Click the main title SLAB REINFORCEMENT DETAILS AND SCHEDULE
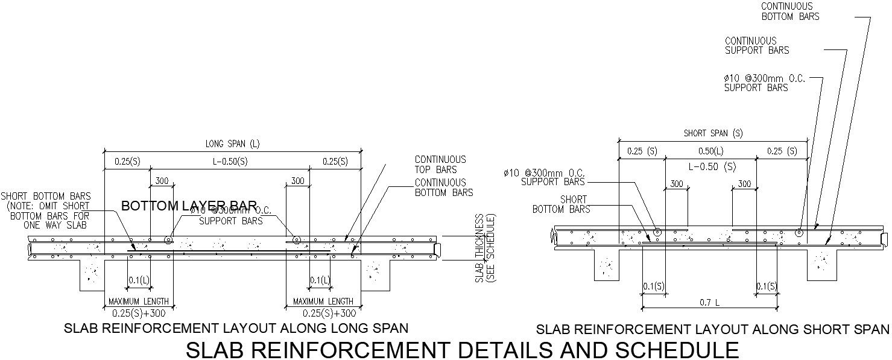(x=462, y=350)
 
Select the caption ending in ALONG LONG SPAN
(x=236, y=328)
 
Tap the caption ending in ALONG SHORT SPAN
(x=712, y=329)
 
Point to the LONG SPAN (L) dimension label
(x=233, y=144)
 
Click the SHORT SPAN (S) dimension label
(x=713, y=133)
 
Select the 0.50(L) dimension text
(x=710, y=151)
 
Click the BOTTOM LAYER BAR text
(x=189, y=206)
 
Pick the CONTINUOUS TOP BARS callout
(x=440, y=165)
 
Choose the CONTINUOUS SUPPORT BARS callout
(x=757, y=46)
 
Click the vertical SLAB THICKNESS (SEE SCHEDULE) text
(x=485, y=248)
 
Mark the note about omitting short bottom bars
(x=46, y=210)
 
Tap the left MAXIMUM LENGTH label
(x=139, y=302)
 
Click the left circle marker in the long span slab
(x=168, y=240)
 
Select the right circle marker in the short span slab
(x=799, y=232)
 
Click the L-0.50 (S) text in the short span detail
(x=712, y=166)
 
